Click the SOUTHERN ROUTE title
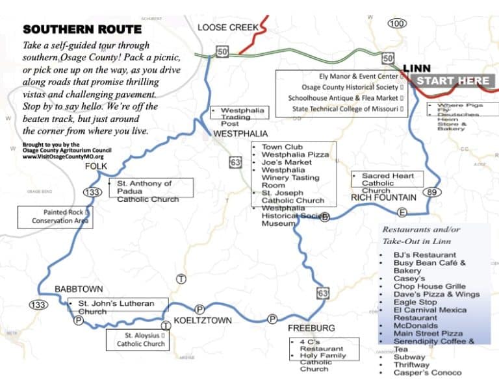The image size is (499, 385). pyautogui.click(x=82, y=30)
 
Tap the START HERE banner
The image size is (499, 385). pyautogui.click(x=453, y=81)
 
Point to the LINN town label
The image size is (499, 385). pyautogui.click(x=416, y=68)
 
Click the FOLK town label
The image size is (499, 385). pyautogui.click(x=96, y=167)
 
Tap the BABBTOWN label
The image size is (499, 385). pyautogui.click(x=79, y=289)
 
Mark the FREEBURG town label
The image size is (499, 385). pyautogui.click(x=311, y=328)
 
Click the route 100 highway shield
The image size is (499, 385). pyautogui.click(x=397, y=23)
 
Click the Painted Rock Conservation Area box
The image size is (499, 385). pyautogui.click(x=55, y=217)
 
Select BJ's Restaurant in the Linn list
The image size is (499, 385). pyautogui.click(x=424, y=255)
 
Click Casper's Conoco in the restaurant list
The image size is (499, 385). pyautogui.click(x=427, y=373)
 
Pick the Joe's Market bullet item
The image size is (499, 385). pyautogui.click(x=286, y=162)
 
